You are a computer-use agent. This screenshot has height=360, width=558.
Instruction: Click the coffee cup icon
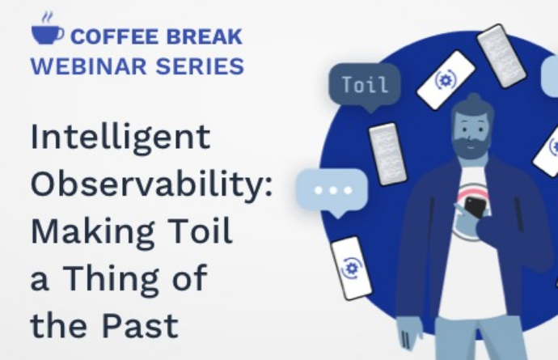point(48,30)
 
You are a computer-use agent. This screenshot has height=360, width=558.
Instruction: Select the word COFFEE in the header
point(114,36)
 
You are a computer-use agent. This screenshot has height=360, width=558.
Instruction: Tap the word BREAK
point(205,36)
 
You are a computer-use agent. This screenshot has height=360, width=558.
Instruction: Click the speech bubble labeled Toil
point(365,87)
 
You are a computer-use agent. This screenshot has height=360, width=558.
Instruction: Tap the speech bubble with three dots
point(332,192)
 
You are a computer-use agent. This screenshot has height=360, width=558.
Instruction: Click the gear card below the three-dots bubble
point(351,268)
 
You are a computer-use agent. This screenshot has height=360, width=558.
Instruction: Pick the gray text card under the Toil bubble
point(387,154)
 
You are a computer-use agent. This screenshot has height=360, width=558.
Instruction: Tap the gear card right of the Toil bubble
point(446,80)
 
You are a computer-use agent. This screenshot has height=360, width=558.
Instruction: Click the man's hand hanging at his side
point(410,333)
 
